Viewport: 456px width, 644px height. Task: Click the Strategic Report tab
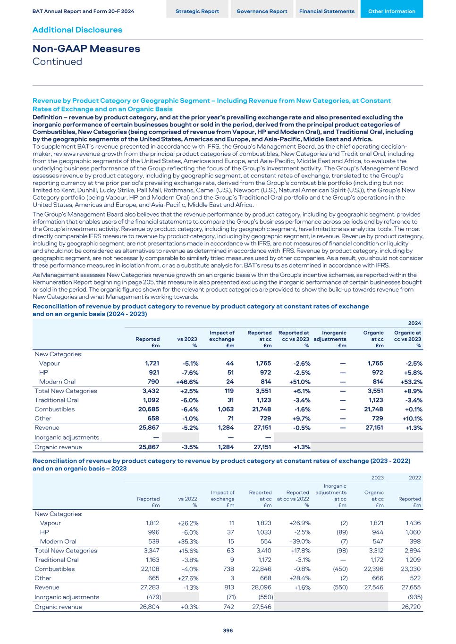point(197,11)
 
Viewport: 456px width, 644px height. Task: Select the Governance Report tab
point(262,11)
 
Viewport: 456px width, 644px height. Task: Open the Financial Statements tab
point(327,11)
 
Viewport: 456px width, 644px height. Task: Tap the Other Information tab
point(391,11)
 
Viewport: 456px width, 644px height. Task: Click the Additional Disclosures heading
point(77,30)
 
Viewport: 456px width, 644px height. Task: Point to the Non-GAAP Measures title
point(86,49)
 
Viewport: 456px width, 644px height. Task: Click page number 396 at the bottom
point(228,630)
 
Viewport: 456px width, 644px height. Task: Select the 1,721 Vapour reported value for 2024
point(152,363)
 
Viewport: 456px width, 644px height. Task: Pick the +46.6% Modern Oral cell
point(187,382)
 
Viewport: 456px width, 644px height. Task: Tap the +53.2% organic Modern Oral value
point(411,382)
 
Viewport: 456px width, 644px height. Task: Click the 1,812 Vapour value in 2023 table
point(152,523)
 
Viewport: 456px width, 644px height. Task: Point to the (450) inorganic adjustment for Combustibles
point(340,569)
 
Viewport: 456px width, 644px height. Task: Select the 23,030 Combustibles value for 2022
point(411,569)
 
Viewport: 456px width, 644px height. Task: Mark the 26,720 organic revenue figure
point(411,607)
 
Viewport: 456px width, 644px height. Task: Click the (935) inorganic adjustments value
point(413,597)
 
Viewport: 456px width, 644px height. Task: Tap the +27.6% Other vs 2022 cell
point(187,578)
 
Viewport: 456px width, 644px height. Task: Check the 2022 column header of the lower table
point(415,477)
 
